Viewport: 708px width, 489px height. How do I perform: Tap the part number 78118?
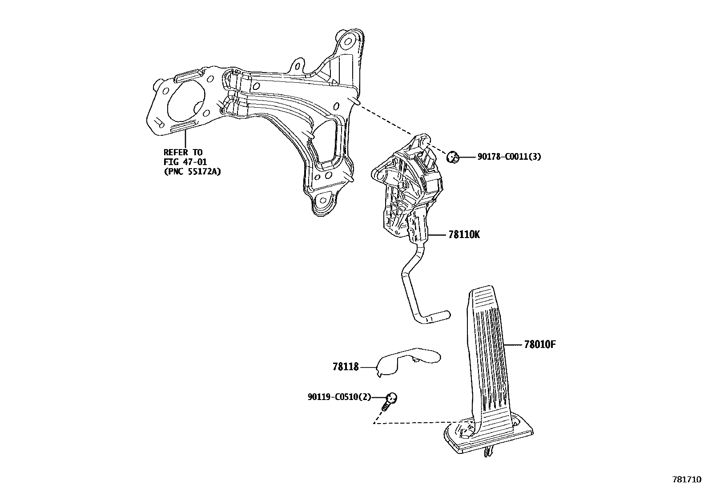point(346,367)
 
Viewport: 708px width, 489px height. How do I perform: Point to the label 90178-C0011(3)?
point(509,157)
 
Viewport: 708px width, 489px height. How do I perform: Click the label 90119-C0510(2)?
point(339,397)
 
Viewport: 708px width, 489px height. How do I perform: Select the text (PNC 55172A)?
point(192,171)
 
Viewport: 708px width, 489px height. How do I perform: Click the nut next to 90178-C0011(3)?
point(452,157)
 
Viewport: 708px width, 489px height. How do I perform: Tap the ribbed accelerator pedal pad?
point(488,352)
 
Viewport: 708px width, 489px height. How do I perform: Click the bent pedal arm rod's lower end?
point(438,317)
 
